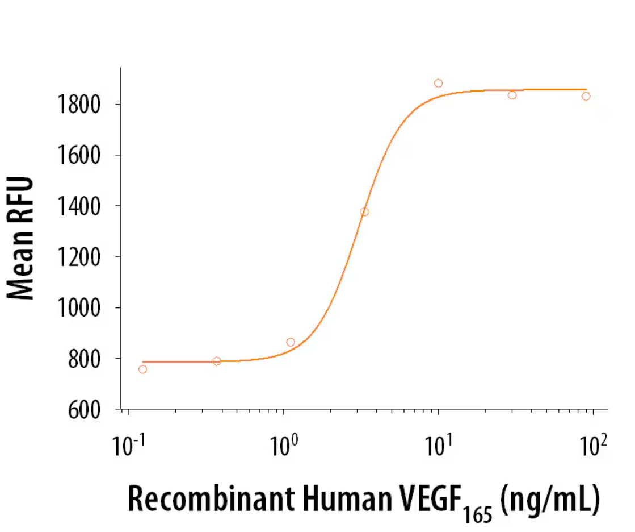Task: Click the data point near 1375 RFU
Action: coord(364,212)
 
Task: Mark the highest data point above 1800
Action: coord(438,83)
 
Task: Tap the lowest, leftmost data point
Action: coord(142,369)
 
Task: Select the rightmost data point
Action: coord(586,96)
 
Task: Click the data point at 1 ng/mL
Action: coord(291,342)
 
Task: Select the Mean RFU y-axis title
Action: coord(21,238)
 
